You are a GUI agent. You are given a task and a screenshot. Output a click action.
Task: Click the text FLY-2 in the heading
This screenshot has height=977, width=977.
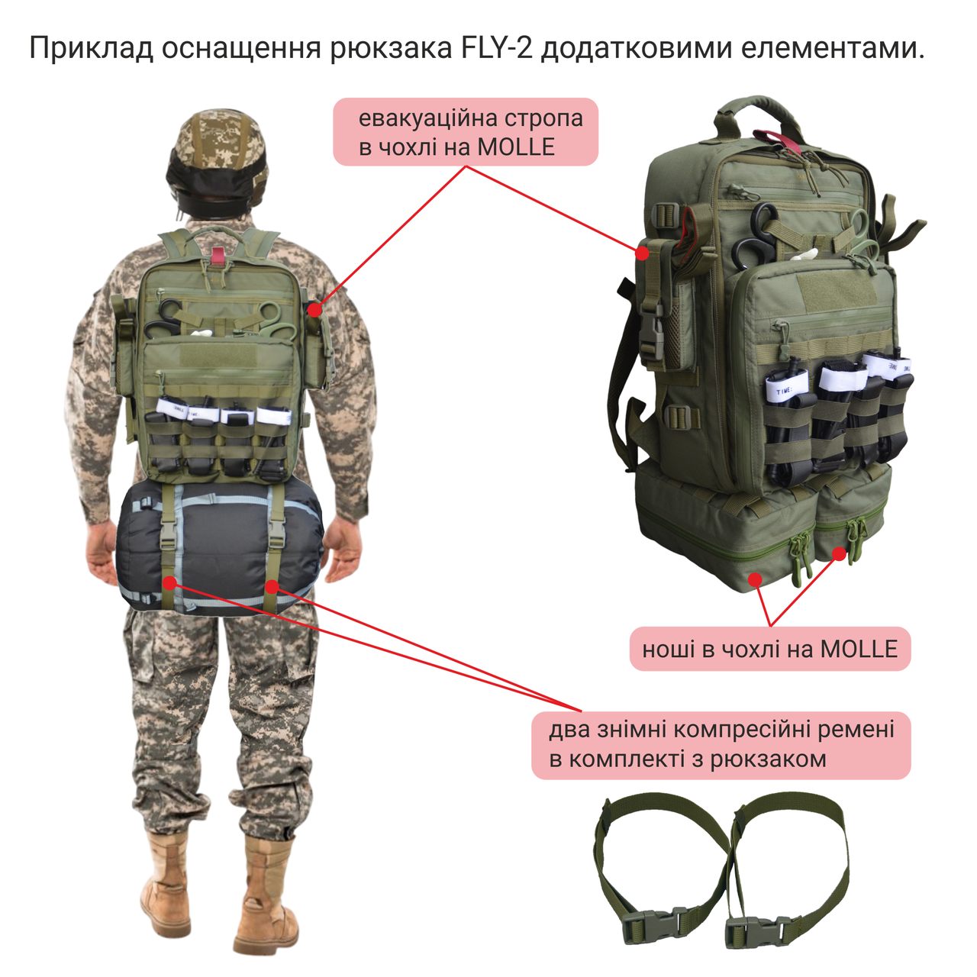pos(497,48)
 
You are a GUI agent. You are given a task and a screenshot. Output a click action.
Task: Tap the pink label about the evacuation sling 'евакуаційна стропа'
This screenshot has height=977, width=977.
pos(466,131)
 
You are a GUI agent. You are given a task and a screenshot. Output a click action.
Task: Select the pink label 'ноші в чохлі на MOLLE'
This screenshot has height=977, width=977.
pos(769,649)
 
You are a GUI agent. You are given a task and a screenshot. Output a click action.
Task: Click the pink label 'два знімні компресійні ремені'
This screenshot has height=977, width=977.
pos(721,744)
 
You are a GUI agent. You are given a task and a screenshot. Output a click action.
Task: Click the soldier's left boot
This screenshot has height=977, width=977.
pos(166,885)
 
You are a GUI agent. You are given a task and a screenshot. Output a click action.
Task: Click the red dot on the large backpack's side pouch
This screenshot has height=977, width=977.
pos(643,253)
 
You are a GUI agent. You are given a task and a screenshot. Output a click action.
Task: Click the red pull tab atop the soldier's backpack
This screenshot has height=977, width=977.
pos(218,256)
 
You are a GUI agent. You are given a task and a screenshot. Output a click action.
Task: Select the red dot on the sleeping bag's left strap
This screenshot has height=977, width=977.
pos(169,582)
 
